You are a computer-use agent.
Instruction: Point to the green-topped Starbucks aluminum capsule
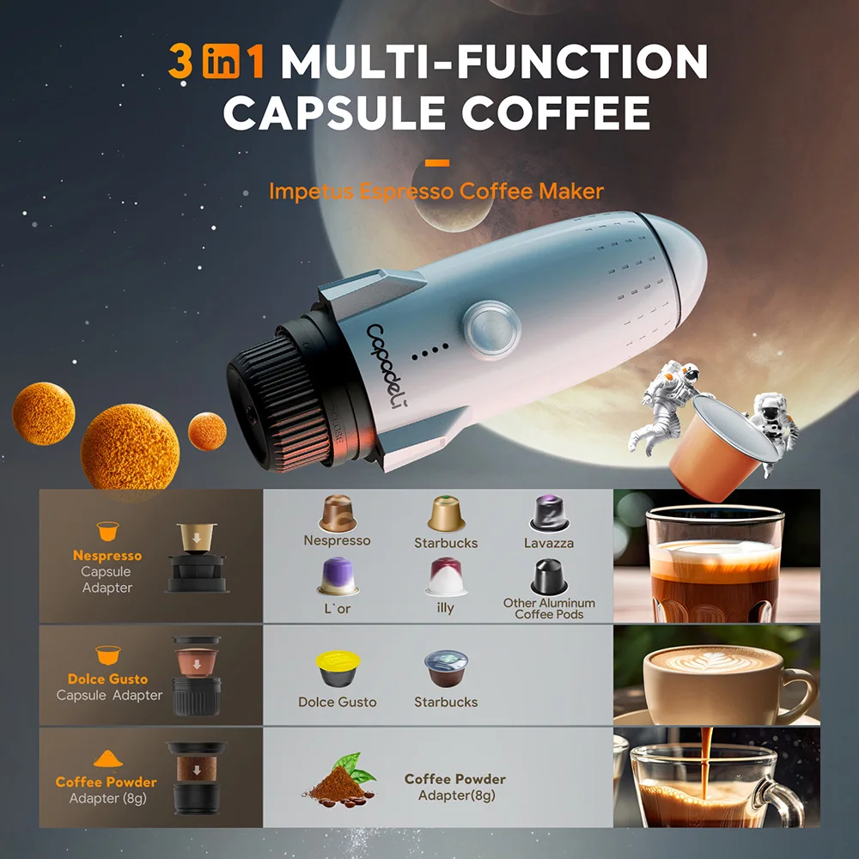click(x=446, y=514)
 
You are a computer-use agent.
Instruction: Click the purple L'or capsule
click(x=337, y=575)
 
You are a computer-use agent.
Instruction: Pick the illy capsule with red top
click(x=446, y=575)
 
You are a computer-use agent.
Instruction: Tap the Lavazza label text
click(x=549, y=543)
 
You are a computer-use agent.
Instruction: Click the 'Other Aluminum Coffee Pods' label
click(x=549, y=608)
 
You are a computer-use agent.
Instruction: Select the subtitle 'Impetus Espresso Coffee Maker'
click(x=436, y=191)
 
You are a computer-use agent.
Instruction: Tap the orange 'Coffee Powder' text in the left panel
click(x=107, y=782)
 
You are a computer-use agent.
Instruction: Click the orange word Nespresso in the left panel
click(x=107, y=556)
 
